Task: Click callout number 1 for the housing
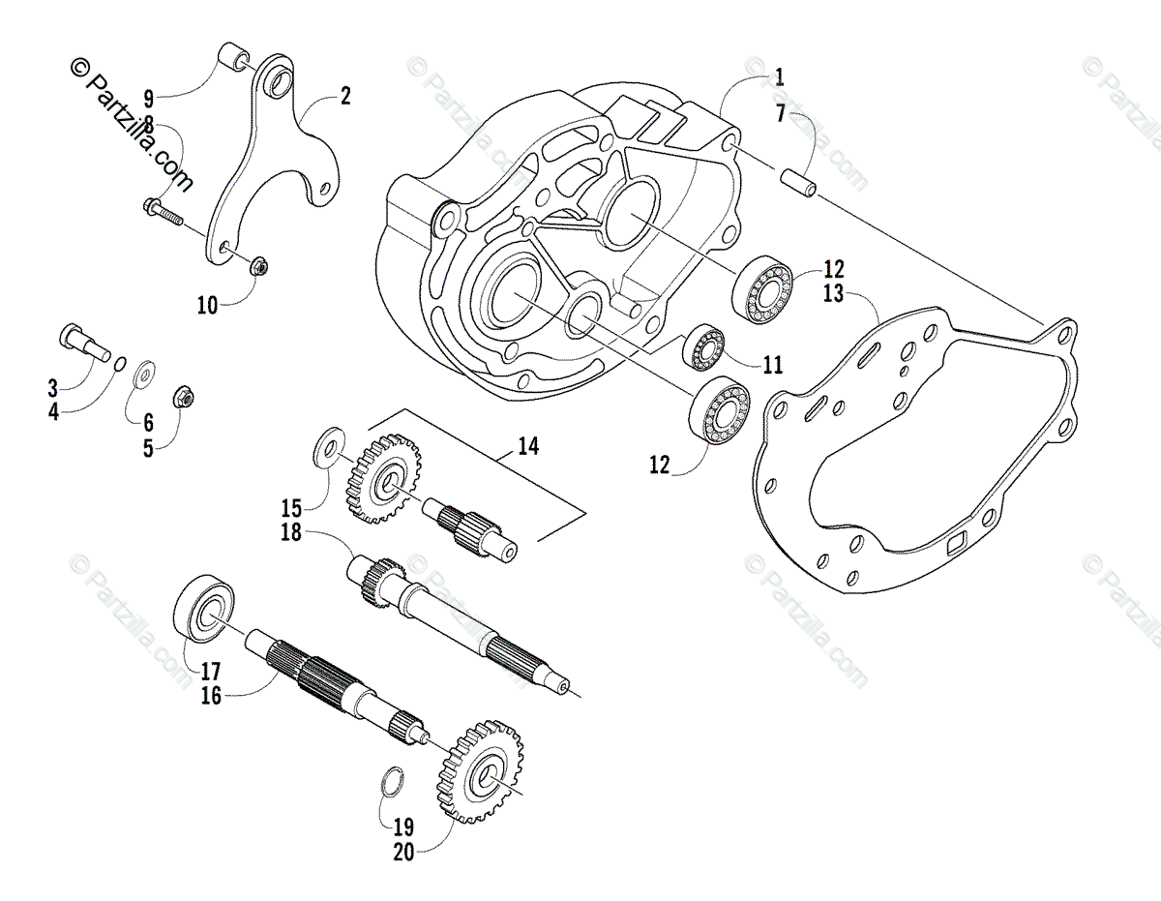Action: coord(780,76)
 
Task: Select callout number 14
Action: coord(527,446)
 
